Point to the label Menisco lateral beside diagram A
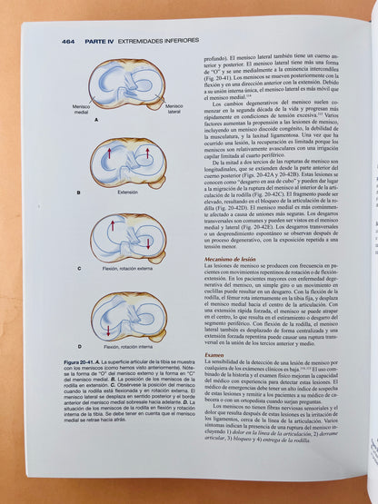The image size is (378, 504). tap(174, 108)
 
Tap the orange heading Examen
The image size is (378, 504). tap(214, 354)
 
